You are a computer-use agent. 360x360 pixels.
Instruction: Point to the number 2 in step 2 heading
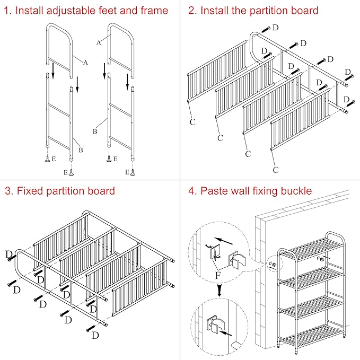click(x=192, y=11)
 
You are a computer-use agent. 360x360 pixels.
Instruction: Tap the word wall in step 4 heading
click(x=238, y=191)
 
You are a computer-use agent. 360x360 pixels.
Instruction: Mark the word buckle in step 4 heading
click(x=297, y=191)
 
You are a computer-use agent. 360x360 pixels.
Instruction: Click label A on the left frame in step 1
click(x=85, y=62)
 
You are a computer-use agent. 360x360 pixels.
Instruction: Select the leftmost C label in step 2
click(x=192, y=122)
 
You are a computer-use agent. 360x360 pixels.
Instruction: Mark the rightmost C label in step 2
click(x=276, y=170)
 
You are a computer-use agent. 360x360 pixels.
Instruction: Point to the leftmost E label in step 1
click(x=54, y=159)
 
